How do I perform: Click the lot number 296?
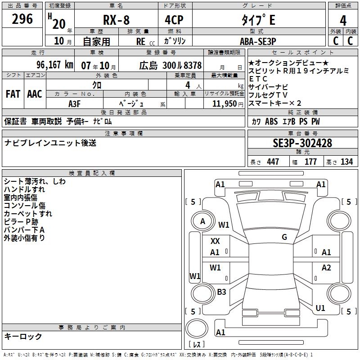point(22,19)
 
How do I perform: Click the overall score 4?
point(343,21)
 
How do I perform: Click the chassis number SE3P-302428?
point(302,143)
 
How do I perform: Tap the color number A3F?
point(75,103)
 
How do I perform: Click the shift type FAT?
point(13,94)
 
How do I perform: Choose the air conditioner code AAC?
point(34,94)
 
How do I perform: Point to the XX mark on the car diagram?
point(215,241)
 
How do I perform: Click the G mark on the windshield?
point(284,237)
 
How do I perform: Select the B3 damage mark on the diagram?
point(221,292)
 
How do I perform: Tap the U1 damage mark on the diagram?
point(320,308)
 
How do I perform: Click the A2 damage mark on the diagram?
point(326,268)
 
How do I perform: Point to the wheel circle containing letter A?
point(203,221)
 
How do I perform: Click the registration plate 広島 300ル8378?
point(170,65)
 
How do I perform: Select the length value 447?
point(273,162)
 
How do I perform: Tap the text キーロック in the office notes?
point(23,336)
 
